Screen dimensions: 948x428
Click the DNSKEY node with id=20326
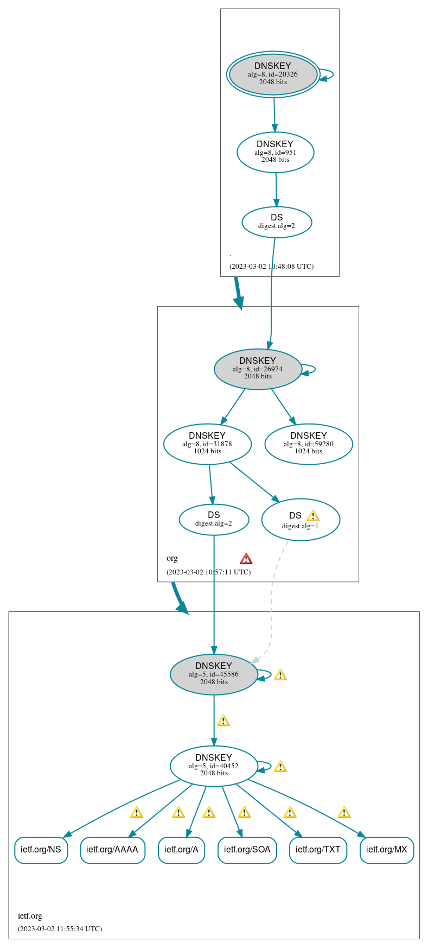tap(273, 74)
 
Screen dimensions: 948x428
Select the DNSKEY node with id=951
tap(275, 152)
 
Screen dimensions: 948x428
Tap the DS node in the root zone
tap(277, 222)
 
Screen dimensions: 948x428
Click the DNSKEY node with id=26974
tap(258, 369)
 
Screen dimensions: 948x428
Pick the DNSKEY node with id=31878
tap(207, 444)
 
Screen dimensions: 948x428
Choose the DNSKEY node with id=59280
tap(308, 444)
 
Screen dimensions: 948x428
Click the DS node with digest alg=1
tap(300, 520)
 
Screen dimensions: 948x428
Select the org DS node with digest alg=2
tap(214, 520)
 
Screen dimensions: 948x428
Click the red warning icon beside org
tap(246, 559)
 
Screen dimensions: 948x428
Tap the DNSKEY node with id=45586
tap(214, 674)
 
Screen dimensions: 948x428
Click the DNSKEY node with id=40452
tap(214, 766)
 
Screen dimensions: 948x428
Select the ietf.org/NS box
tap(41, 850)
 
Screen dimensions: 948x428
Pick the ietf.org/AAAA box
tap(112, 850)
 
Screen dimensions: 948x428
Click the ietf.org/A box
tap(181, 850)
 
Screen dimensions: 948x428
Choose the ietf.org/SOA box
tap(247, 850)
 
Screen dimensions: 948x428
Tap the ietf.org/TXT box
tap(318, 850)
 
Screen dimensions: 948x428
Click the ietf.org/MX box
tap(386, 850)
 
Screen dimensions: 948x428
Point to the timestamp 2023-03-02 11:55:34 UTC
tap(60, 928)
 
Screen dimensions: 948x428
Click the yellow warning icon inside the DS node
tap(313, 516)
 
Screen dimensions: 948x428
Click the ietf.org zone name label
tap(30, 915)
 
